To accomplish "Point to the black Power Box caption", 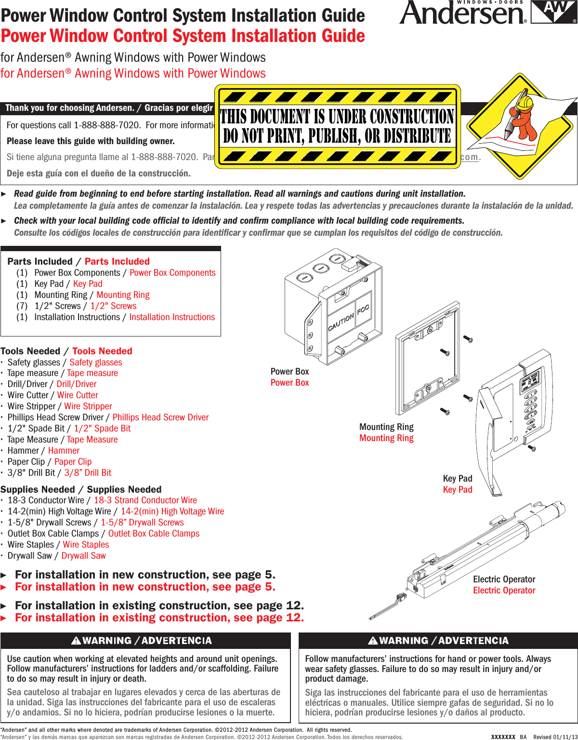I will [289, 372].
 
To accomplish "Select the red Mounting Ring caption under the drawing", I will [386, 438].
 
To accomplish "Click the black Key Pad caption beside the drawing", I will [458, 479].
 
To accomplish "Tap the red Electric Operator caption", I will [504, 591].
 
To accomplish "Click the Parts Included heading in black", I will [40, 262].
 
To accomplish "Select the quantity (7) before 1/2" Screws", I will [22, 306].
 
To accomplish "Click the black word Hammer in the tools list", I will [23, 451].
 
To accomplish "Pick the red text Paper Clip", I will [73, 462].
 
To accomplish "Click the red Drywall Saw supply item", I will [83, 556].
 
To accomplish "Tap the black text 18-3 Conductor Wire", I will [46, 500].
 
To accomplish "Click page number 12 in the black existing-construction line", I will [295, 605].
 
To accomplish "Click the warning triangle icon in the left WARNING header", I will [76, 641].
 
